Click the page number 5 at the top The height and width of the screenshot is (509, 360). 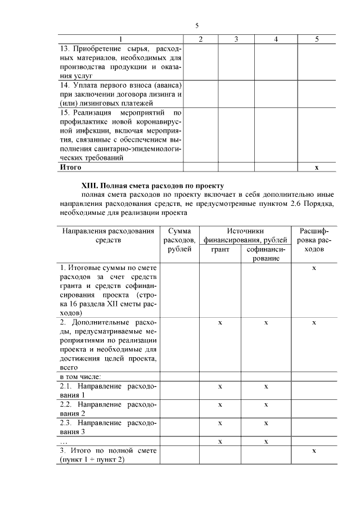coord(197,26)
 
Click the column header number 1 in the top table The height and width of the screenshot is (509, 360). coord(120,39)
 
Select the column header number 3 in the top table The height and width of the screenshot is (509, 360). coord(236,39)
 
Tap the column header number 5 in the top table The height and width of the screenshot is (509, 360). coord(317,39)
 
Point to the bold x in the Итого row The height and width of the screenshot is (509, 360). coord(317,167)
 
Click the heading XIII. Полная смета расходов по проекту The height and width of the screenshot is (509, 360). coord(153,185)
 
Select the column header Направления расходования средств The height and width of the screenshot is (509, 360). coord(107,235)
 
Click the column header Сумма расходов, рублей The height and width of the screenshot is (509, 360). coord(179,240)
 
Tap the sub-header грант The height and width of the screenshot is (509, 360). coord(220,249)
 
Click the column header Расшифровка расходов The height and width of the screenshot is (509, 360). coord(314,240)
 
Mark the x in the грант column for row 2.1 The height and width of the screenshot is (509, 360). coord(220,386)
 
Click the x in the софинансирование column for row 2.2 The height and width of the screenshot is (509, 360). coord(266,404)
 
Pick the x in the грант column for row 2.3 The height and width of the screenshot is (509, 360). coord(220,423)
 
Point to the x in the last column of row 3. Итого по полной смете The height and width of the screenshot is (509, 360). coord(314,451)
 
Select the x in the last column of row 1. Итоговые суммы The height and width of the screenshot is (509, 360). coord(314,268)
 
